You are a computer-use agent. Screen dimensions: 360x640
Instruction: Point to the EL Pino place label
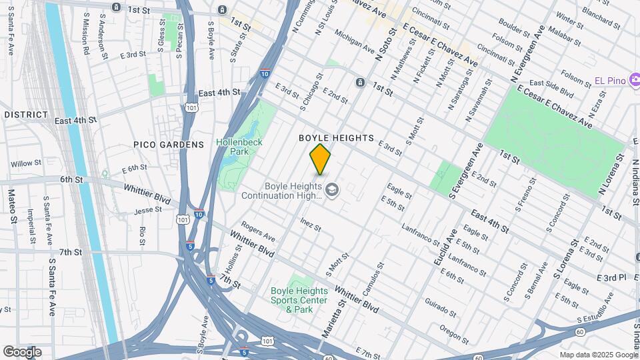coord(609,81)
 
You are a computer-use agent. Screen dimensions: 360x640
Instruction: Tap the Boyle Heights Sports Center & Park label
coord(299,300)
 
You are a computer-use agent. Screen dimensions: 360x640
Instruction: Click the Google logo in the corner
coord(22,352)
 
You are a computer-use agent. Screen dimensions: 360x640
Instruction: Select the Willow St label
coord(26,163)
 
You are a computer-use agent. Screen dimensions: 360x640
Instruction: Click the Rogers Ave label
coord(258,232)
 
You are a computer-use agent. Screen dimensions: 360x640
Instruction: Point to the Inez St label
coord(311,224)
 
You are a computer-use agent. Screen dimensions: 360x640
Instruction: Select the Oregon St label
coord(455,331)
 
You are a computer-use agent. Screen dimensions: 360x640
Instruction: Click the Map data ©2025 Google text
coord(598,355)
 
